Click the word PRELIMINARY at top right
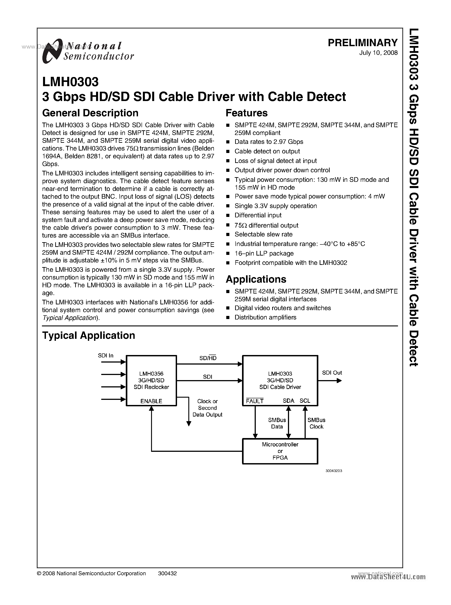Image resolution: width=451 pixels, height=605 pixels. [362, 43]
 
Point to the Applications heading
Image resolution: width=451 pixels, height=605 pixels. [256, 279]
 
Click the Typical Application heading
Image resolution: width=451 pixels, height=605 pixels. [89, 335]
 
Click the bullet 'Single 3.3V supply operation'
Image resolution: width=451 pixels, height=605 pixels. [276, 206]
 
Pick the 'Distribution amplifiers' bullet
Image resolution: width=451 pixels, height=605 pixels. [265, 317]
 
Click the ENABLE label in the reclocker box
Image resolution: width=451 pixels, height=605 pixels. [151, 401]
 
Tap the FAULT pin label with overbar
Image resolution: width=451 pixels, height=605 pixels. [254, 401]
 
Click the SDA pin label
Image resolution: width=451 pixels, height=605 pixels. [288, 401]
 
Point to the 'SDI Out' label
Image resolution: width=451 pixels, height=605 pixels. [332, 373]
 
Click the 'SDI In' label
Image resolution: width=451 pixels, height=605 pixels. [105, 355]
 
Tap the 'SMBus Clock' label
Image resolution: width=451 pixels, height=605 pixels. [316, 423]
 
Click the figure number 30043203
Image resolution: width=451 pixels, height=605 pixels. [334, 471]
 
